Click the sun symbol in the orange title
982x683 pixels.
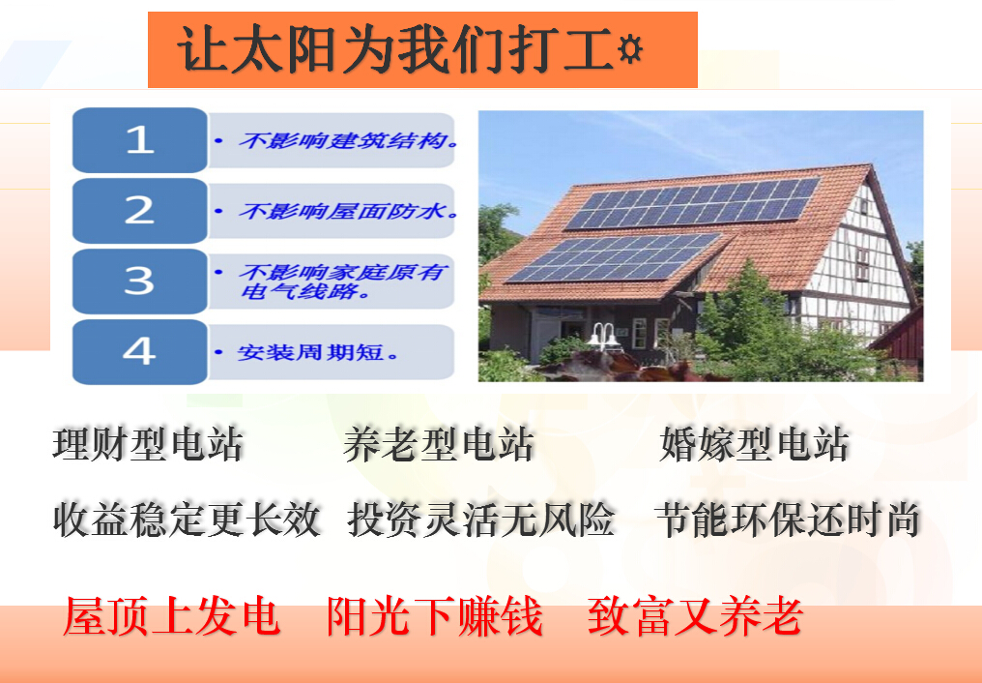(630, 49)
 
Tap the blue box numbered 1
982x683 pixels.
(139, 139)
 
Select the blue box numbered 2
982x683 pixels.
(139, 211)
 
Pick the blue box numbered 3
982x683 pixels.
(139, 282)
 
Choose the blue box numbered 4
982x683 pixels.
(139, 351)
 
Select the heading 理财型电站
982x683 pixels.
(149, 444)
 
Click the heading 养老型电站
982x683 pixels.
(439, 444)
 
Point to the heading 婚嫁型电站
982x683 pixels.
(754, 444)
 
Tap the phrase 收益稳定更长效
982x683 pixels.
(187, 520)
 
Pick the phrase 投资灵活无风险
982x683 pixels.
(481, 520)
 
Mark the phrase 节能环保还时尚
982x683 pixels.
(787, 520)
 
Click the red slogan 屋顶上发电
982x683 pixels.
(171, 616)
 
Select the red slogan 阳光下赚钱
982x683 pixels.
(434, 616)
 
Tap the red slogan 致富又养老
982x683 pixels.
(695, 616)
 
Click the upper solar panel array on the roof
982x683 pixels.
(692, 204)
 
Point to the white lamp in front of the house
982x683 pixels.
(603, 337)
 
